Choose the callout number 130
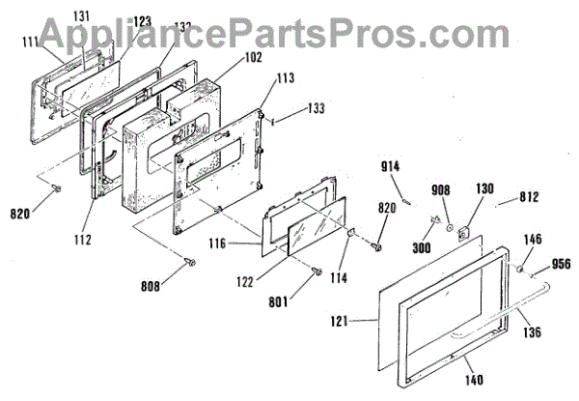(483, 189)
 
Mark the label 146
(533, 237)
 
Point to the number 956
(561, 262)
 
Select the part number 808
(151, 285)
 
